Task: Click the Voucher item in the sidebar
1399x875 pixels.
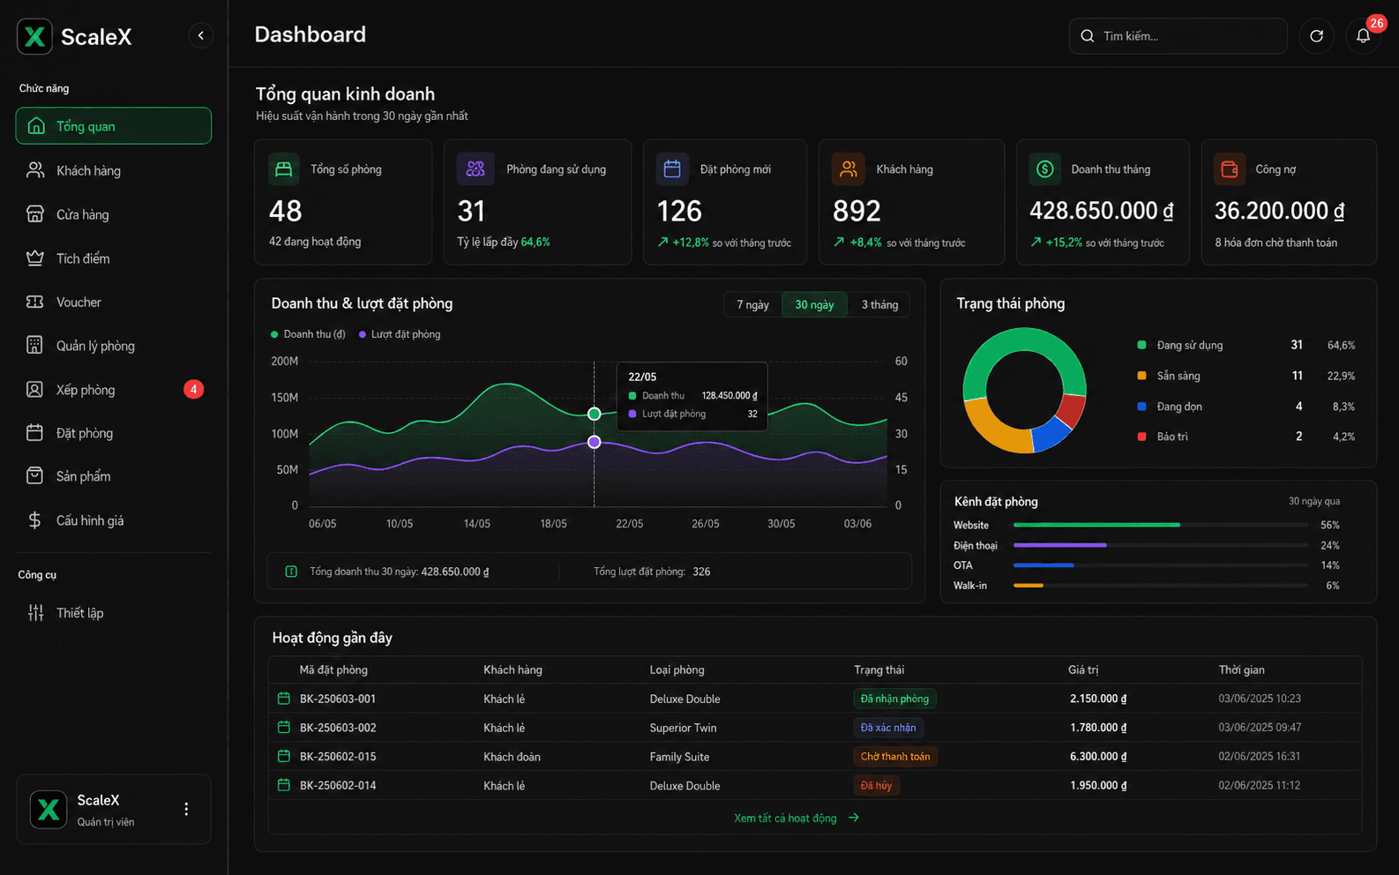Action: click(x=79, y=303)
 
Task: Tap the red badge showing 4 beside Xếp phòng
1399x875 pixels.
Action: click(x=193, y=390)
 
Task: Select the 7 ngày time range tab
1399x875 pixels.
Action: click(x=752, y=305)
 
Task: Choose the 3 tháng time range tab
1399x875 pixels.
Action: click(x=879, y=305)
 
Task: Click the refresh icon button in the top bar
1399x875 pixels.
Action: click(x=1317, y=36)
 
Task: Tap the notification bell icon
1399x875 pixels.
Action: click(x=1363, y=36)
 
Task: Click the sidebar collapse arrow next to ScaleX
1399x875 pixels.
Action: click(x=201, y=35)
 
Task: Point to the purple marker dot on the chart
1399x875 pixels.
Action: click(x=595, y=442)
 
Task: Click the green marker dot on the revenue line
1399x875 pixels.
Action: click(x=595, y=414)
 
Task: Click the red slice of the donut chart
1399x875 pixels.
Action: click(x=1073, y=409)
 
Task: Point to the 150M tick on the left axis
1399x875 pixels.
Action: click(x=284, y=398)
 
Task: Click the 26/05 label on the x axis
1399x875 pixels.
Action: click(x=705, y=524)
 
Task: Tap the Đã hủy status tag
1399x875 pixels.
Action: click(x=876, y=786)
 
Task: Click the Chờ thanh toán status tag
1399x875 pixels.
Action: click(x=895, y=756)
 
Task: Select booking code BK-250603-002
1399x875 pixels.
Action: click(x=338, y=728)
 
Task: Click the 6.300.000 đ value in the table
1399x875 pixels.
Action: click(x=1098, y=756)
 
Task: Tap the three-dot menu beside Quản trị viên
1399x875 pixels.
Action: click(x=186, y=810)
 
